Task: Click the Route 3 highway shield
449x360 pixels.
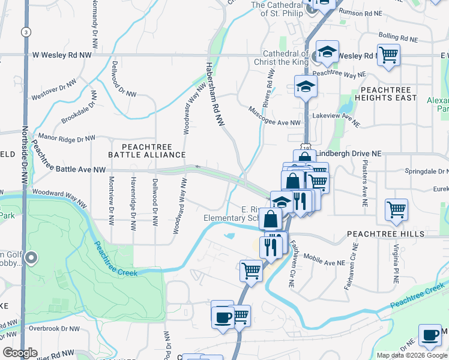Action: coord(25,31)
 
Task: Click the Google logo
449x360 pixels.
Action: coord(20,353)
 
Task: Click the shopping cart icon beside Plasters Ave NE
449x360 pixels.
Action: coord(397,209)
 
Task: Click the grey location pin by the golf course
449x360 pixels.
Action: coord(32,259)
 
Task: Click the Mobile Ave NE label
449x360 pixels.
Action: coord(325,259)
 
